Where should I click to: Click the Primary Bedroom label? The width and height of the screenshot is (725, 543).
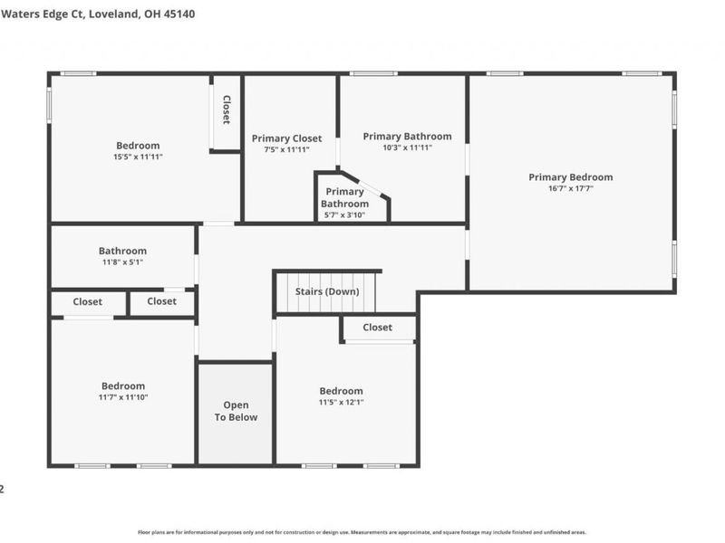pos(570,177)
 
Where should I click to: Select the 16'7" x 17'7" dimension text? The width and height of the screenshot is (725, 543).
pos(570,189)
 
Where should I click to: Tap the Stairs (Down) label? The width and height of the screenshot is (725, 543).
pos(327,292)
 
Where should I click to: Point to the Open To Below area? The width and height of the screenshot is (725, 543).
pos(236,412)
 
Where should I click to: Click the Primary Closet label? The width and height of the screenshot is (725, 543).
pos(286,138)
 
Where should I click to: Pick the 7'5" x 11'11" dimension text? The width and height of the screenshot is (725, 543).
pos(286,150)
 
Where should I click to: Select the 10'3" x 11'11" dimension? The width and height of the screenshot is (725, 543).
pos(407,148)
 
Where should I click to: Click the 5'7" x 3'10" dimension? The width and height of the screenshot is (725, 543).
pos(344,215)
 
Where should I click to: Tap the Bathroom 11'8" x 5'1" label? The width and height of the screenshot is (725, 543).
pos(122,252)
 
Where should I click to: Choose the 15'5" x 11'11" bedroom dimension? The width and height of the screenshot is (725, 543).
pos(138,157)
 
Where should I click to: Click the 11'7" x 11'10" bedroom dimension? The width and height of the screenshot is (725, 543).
pos(122,397)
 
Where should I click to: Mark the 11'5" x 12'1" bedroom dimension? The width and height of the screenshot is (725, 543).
pos(341,403)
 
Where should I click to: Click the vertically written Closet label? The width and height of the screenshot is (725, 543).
pos(226,110)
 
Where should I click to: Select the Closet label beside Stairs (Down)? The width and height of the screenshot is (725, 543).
pos(378,328)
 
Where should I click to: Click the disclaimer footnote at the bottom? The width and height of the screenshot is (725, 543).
pos(362,533)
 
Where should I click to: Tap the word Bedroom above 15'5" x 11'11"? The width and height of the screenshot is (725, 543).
pos(138,146)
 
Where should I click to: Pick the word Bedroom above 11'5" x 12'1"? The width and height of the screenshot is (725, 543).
pos(341,391)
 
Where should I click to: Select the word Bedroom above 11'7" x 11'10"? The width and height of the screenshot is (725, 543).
pos(122,386)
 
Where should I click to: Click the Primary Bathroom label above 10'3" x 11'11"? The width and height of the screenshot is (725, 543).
pos(407,137)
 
